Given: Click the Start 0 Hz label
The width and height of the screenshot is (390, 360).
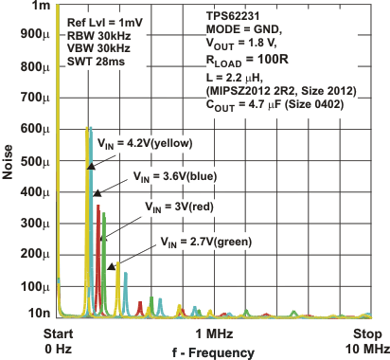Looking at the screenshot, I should click(58, 341).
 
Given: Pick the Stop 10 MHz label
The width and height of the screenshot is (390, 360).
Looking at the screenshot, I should click(367, 341).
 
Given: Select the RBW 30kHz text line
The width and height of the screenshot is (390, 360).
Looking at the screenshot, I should click(96, 33).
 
